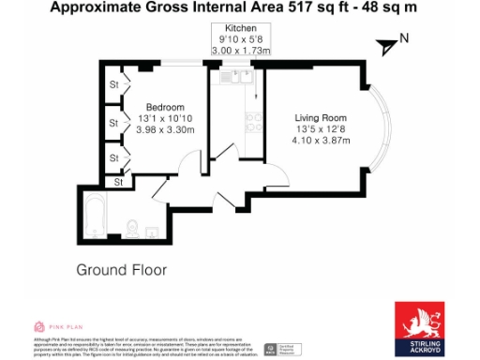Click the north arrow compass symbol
click(387, 43)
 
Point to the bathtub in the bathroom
click(94, 215)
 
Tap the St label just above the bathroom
click(118, 181)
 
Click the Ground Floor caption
click(121, 270)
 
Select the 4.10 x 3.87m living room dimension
click(321, 141)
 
